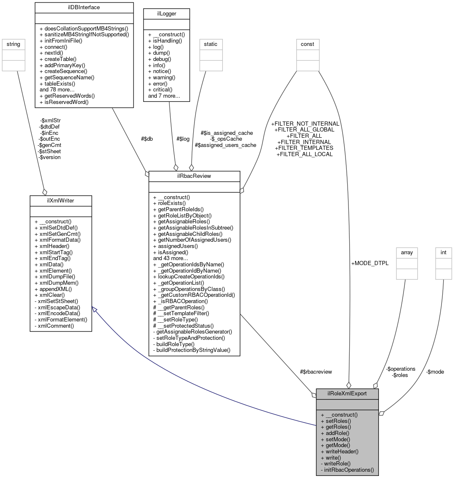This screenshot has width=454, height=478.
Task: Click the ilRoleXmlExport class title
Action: (347, 393)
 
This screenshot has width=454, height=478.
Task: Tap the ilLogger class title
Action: (166, 13)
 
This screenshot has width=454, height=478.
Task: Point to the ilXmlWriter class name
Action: (61, 201)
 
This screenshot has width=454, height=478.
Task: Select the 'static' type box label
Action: (211, 43)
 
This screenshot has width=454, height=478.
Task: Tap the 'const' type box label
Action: (308, 43)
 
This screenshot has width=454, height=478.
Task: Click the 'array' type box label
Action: (406, 253)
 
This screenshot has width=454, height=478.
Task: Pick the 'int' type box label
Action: (444, 253)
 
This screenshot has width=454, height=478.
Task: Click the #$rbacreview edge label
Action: (315, 372)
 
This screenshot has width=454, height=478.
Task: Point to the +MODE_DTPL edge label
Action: (370, 263)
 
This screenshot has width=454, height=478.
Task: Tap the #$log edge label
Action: (183, 139)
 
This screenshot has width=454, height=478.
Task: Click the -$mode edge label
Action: (435, 372)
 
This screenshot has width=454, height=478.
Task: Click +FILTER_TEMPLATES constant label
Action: (304, 148)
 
